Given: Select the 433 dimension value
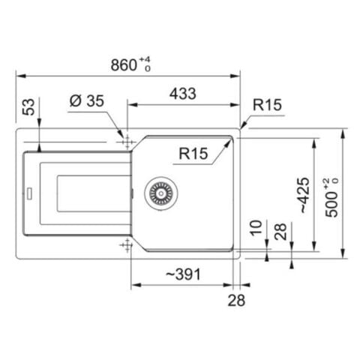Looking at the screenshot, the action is tap(183, 94).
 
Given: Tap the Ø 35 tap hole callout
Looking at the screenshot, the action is tap(87, 101).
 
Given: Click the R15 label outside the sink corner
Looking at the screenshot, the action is tap(267, 105).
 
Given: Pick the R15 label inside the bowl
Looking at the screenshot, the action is tap(193, 153).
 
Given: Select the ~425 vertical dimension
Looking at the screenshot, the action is tap(304, 195).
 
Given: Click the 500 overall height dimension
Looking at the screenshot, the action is tap(331, 197).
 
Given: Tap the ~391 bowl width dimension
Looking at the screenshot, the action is tap(183, 274).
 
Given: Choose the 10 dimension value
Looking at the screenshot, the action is tap(256, 228).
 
